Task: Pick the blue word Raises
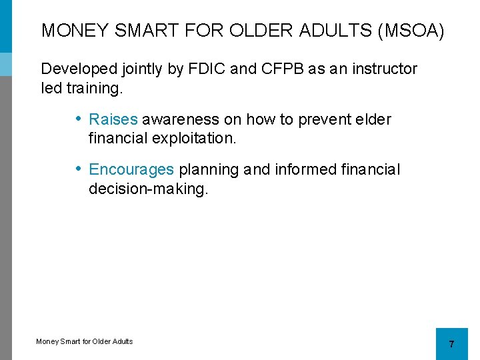[113, 119]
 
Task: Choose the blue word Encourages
[131, 170]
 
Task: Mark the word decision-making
[148, 189]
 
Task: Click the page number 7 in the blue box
[451, 344]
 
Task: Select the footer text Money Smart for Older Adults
[84, 341]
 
